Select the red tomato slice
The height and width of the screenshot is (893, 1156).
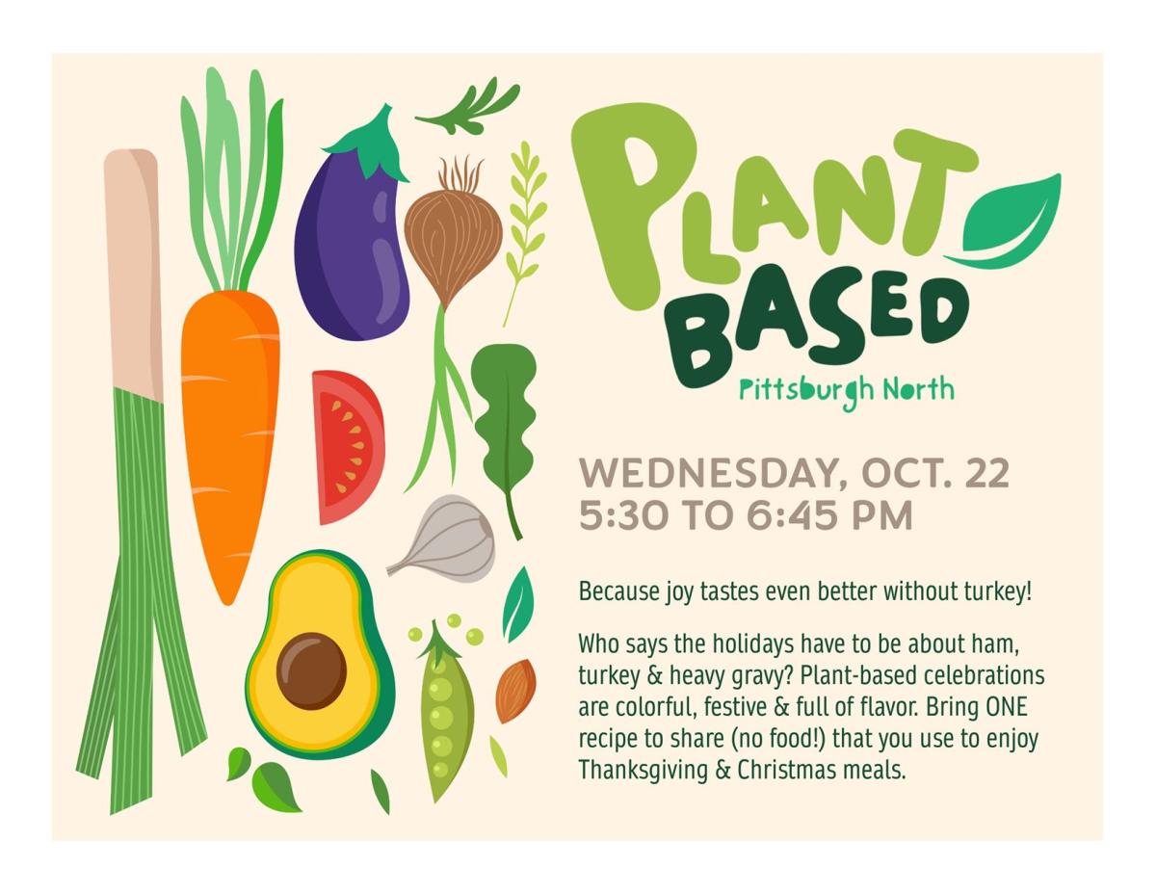(x=347, y=447)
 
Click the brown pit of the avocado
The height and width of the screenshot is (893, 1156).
(x=311, y=671)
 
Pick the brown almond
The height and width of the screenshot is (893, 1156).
(x=515, y=691)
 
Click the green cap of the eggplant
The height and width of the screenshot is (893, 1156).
(x=373, y=144)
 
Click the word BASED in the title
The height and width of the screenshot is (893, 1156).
(x=819, y=329)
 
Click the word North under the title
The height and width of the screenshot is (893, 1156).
(x=919, y=389)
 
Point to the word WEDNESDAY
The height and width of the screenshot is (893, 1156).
(x=714, y=474)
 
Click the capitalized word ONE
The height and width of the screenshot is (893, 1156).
(x=1006, y=707)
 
